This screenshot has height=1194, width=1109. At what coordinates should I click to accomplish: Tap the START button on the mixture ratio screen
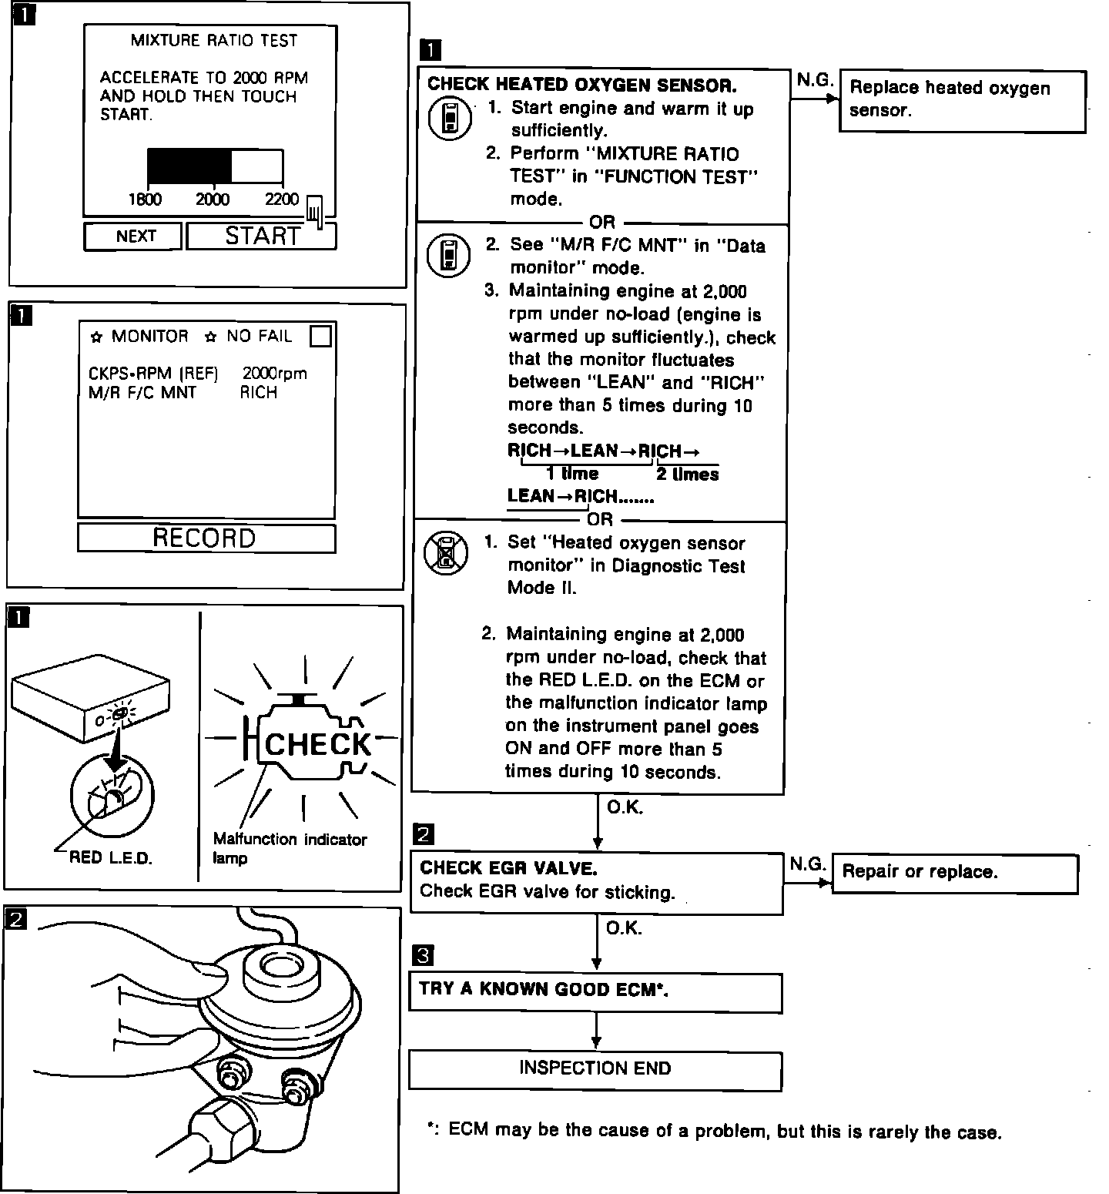tap(261, 236)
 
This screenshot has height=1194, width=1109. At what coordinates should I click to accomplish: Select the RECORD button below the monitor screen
tap(205, 538)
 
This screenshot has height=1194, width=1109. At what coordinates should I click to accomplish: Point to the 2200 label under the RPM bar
tap(281, 200)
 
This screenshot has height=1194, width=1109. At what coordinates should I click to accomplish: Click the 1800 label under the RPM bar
tap(145, 200)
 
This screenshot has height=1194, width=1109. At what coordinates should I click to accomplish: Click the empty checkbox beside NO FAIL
tap(320, 336)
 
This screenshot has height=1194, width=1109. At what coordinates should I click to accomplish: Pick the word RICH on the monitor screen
tap(258, 393)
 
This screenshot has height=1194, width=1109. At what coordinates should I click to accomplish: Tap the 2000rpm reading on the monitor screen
tap(274, 374)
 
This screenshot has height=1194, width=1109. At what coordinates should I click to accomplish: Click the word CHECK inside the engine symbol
tap(317, 744)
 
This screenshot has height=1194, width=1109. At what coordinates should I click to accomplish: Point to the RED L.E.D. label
tap(111, 857)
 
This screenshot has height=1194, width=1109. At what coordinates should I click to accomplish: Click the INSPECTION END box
tap(595, 1068)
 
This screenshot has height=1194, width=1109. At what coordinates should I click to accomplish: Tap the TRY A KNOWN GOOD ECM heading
tap(543, 989)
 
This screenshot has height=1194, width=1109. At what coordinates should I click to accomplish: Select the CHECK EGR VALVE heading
tap(508, 868)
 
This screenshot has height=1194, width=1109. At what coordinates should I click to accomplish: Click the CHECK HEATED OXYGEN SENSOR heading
tap(581, 84)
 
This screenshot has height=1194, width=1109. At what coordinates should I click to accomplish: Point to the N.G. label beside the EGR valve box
tap(806, 864)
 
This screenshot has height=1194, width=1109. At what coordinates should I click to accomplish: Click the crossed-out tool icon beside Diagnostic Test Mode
tap(445, 552)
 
